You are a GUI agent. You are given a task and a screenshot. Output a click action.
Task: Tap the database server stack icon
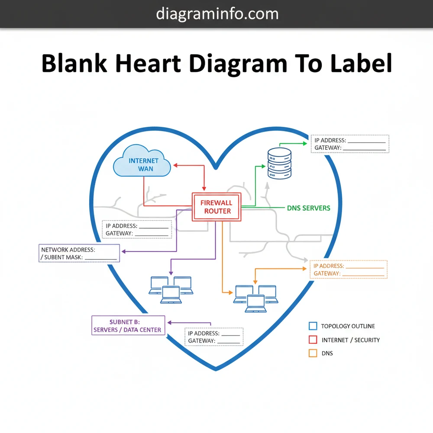[279, 163]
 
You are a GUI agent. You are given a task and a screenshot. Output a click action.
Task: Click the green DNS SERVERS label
[308, 208]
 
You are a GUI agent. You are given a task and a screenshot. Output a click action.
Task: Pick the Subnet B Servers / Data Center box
[129, 325]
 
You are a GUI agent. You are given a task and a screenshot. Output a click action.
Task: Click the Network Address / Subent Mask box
[79, 253]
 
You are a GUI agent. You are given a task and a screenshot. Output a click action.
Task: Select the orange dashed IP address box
[349, 269]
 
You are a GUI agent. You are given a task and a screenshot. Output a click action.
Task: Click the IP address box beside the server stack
[350, 144]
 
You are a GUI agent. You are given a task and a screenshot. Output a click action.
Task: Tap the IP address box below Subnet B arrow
[214, 337]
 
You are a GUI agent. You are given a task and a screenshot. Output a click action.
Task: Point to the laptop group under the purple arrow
[170, 289]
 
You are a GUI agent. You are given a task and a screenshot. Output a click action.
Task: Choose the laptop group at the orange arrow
[255, 298]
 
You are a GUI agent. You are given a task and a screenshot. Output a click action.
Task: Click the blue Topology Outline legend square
[313, 326]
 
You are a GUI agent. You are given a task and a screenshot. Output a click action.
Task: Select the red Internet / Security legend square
[313, 340]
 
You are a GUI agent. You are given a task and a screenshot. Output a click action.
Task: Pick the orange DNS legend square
[313, 353]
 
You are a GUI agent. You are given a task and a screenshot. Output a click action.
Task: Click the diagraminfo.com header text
[217, 13]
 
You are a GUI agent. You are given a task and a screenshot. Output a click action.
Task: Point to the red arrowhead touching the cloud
[175, 165]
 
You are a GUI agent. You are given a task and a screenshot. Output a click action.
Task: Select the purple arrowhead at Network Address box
[123, 252]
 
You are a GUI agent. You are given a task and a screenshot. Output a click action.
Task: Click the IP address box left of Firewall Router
[137, 229]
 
